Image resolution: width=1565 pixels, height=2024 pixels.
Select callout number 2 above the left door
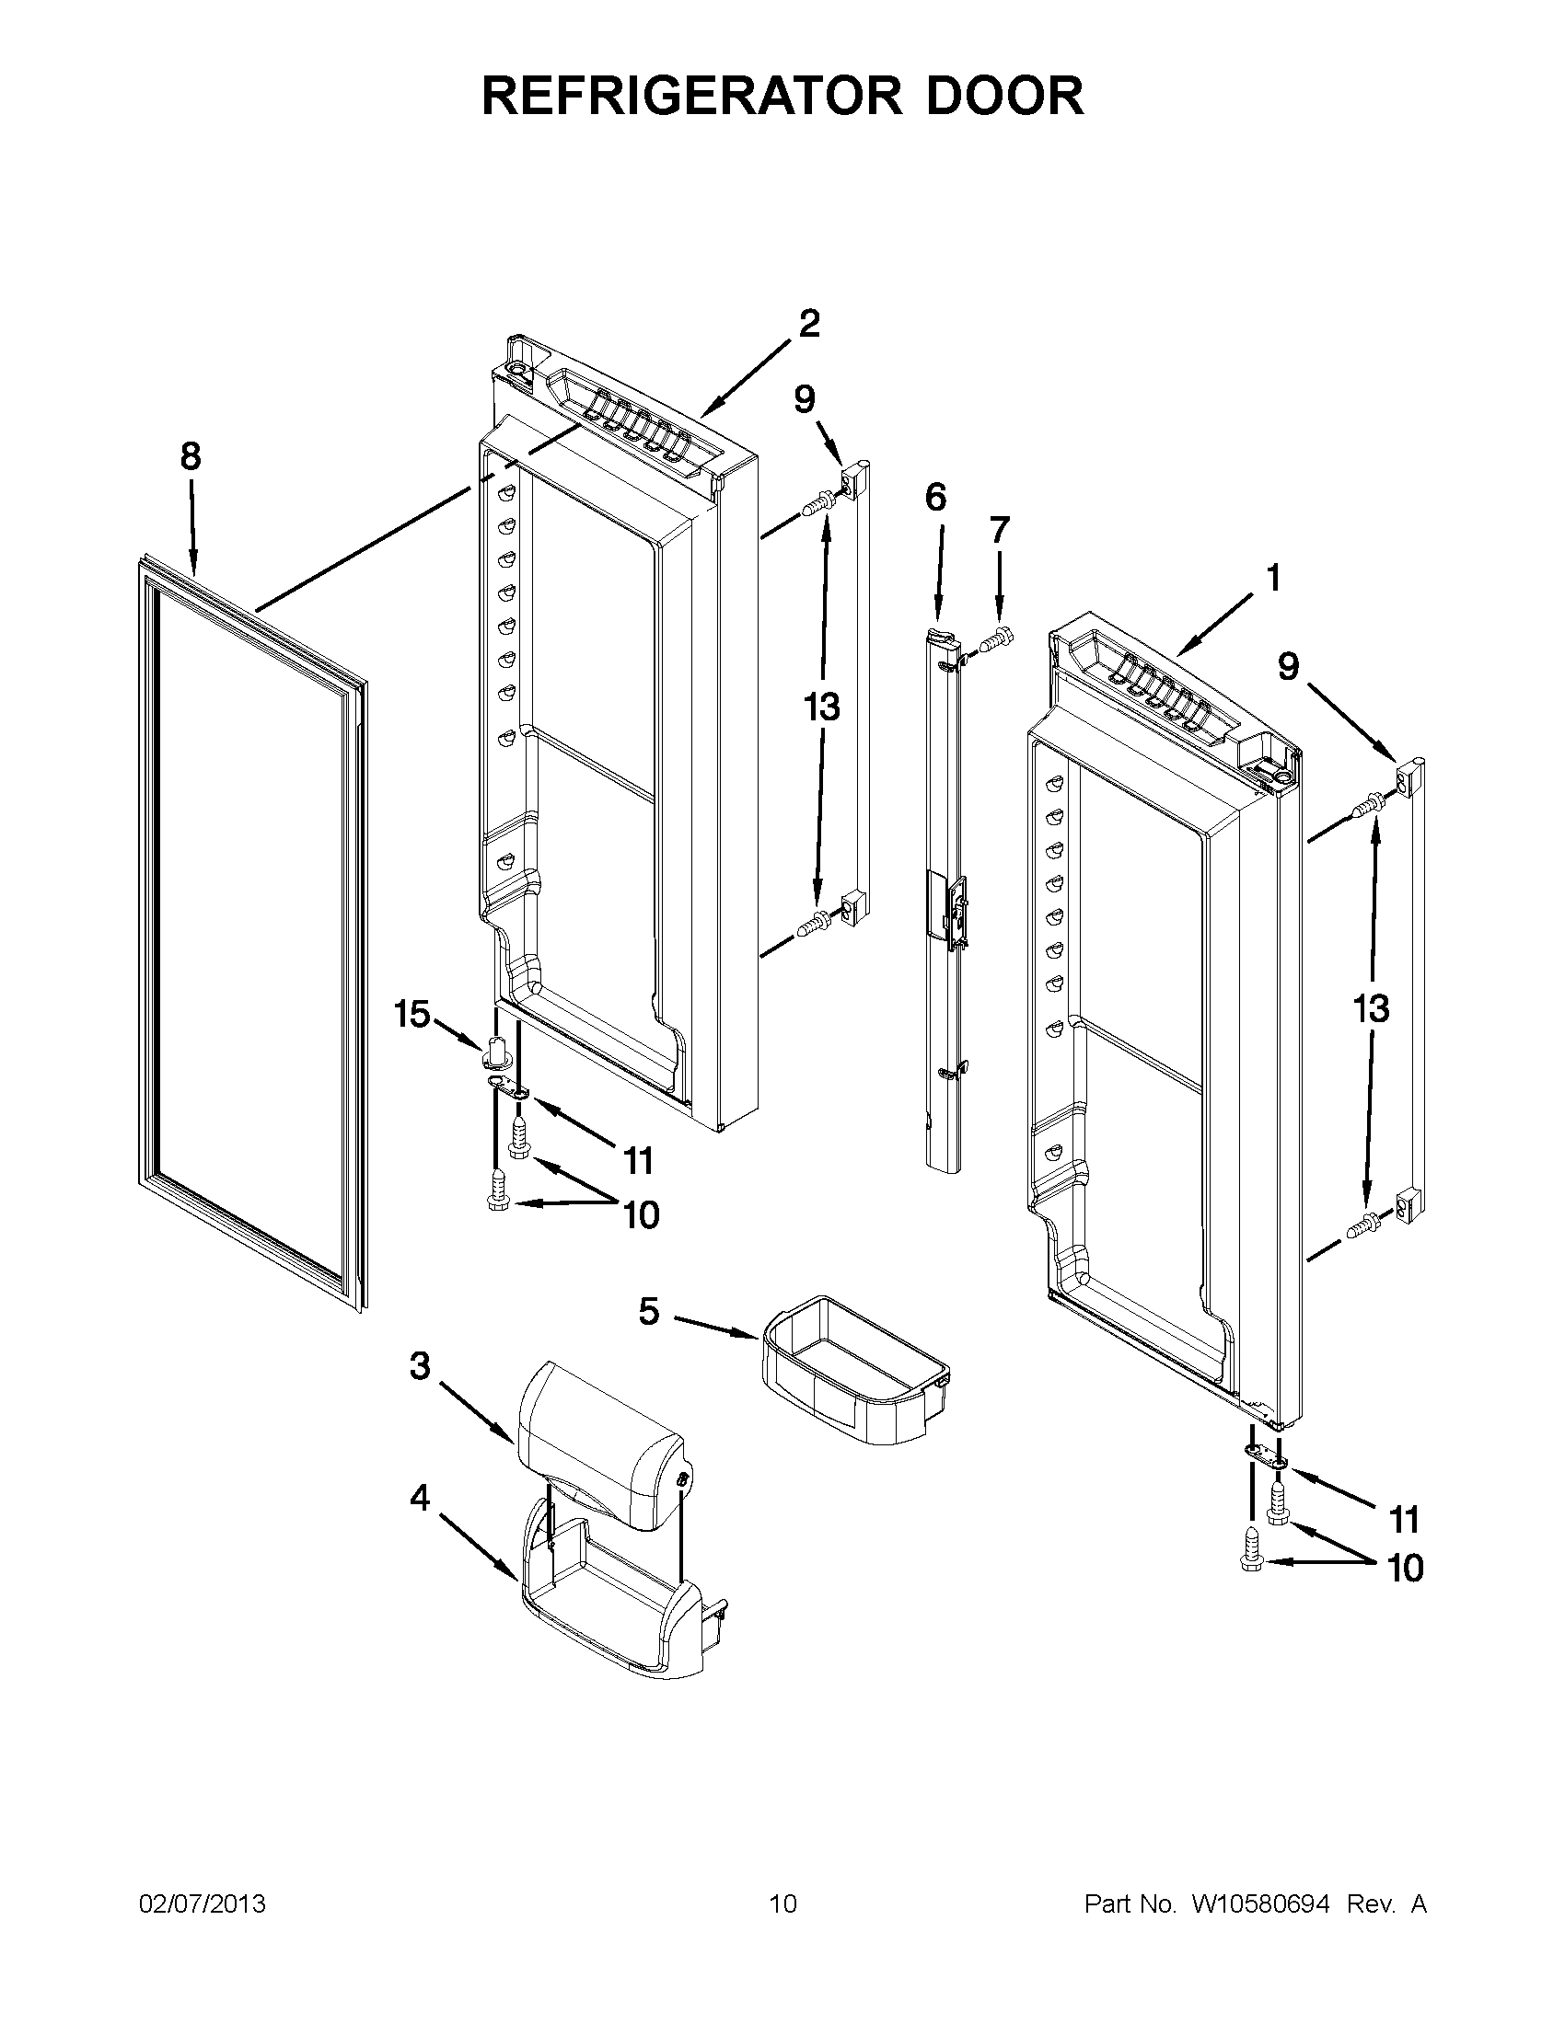coord(808,324)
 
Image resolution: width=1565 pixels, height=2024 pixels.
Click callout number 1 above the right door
coord(1273,578)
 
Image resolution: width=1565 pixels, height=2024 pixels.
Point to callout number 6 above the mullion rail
coord(935,498)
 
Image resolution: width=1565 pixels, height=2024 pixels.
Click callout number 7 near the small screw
coord(999,530)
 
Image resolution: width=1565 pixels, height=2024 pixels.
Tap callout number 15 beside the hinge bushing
coord(412,1014)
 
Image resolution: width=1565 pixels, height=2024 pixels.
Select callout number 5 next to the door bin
coord(649,1311)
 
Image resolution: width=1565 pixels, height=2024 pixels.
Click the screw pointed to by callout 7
coord(1000,638)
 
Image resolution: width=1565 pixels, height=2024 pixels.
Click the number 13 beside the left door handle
coord(821,707)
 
